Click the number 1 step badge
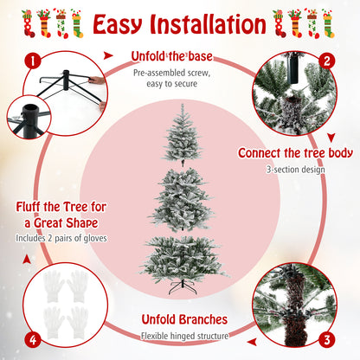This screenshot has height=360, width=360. pos(33,61)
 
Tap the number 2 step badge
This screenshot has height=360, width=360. pos(327,61)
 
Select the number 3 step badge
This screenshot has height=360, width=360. pos(327,340)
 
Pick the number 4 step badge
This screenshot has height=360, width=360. pos(33,340)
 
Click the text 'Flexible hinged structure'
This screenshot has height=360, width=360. pos(185,336)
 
